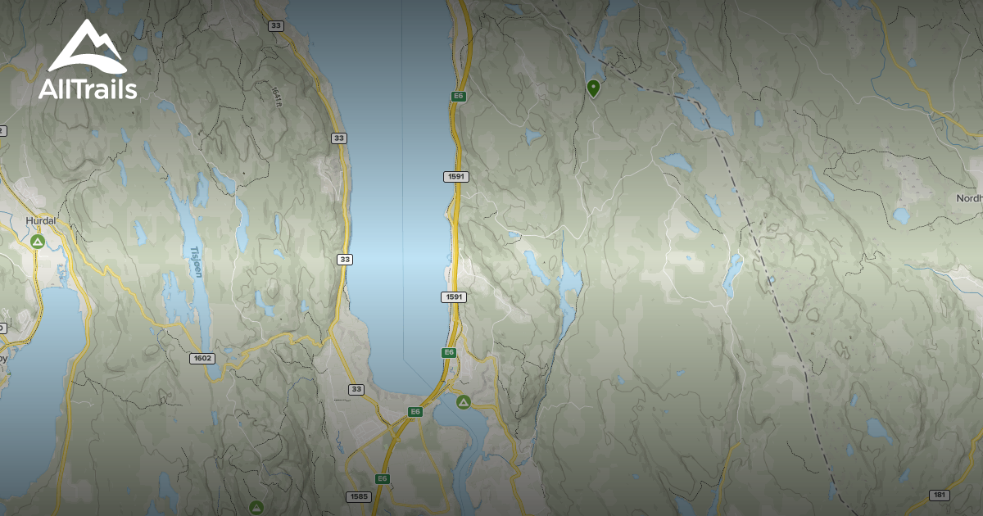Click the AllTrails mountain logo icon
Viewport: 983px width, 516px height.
(x=87, y=47)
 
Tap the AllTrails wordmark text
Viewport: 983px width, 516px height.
(x=88, y=89)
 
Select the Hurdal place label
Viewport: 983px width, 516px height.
(x=40, y=221)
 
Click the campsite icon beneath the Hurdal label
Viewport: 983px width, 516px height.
(x=37, y=242)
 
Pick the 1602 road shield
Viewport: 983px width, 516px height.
(x=202, y=358)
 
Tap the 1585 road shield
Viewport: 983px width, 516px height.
(x=359, y=496)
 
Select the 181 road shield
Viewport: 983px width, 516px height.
(x=940, y=495)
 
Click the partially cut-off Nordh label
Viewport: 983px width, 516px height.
(x=969, y=198)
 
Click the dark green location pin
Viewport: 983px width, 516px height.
(x=593, y=87)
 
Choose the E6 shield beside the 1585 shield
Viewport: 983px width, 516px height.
(x=382, y=478)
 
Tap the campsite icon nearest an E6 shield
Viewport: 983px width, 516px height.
(x=463, y=402)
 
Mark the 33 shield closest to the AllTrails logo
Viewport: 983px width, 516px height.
(x=275, y=26)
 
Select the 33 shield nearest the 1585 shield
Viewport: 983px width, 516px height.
(x=356, y=389)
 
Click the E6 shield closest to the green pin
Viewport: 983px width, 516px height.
(x=459, y=97)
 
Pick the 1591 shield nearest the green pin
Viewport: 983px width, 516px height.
(x=456, y=177)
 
